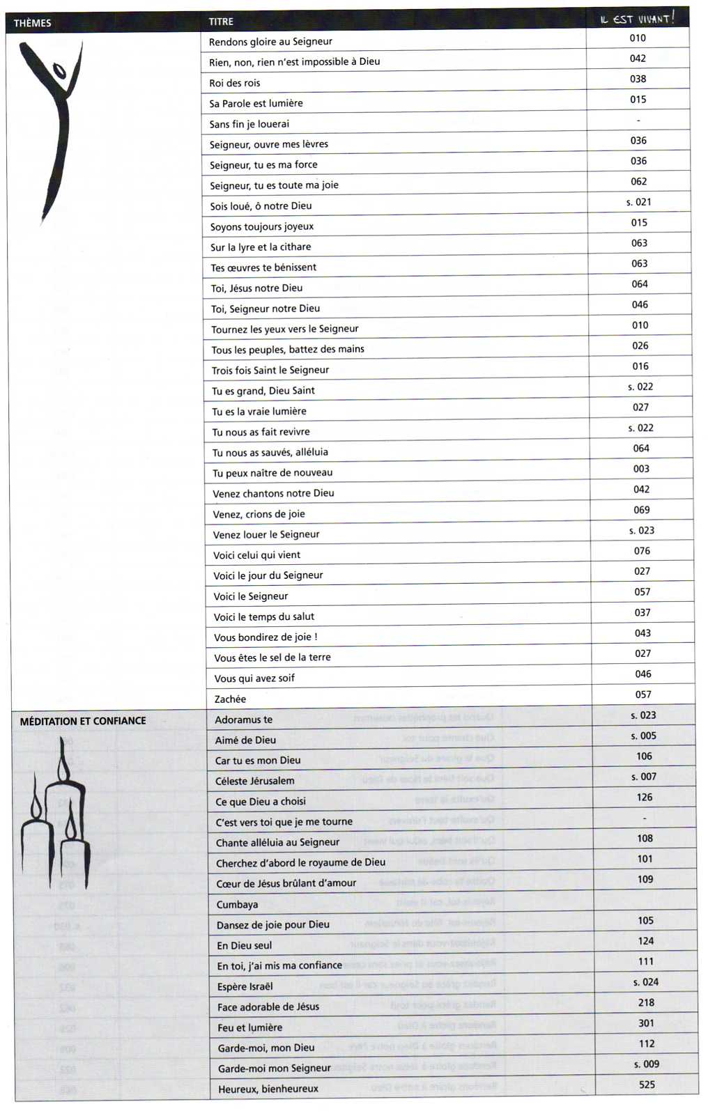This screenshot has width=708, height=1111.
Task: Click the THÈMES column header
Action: (32, 23)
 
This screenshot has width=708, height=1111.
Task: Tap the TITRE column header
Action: (221, 22)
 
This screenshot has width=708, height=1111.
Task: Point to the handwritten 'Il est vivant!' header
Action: (637, 19)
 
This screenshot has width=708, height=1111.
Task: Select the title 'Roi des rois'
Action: (235, 83)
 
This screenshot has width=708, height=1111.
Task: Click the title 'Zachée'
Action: (230, 699)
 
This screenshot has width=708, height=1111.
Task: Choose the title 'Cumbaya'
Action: (237, 904)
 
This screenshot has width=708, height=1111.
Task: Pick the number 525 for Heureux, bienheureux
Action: (647, 1085)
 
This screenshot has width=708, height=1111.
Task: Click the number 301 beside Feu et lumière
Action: (646, 1023)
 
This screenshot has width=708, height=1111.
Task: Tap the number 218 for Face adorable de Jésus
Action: (646, 1002)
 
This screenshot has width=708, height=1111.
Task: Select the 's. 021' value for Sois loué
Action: (638, 202)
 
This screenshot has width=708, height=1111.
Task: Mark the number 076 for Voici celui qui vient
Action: (642, 551)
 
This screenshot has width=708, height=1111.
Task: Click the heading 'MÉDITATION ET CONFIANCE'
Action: (83, 721)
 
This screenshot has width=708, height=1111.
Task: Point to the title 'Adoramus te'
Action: (243, 720)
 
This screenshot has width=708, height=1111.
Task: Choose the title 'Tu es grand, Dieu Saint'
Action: (263, 391)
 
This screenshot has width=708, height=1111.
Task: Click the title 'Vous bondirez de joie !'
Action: (265, 637)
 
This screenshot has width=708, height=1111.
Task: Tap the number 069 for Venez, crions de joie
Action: (642, 510)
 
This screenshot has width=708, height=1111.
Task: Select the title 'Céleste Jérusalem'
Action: (254, 781)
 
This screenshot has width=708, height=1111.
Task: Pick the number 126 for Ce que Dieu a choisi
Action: (645, 798)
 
